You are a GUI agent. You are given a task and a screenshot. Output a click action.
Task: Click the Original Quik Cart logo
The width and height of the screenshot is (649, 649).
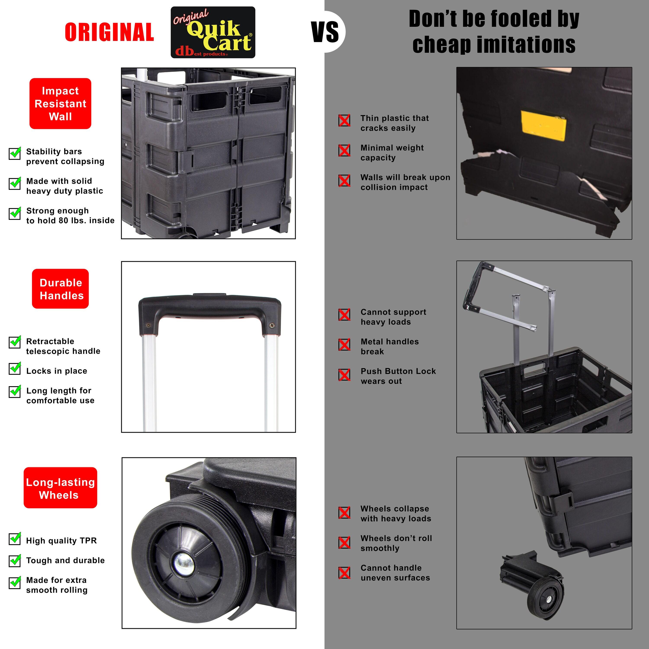pyautogui.click(x=213, y=32)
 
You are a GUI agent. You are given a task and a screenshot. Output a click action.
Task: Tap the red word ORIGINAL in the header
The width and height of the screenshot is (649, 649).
pyautogui.click(x=109, y=32)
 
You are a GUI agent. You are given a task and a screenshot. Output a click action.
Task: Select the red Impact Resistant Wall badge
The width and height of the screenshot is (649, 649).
pyautogui.click(x=61, y=103)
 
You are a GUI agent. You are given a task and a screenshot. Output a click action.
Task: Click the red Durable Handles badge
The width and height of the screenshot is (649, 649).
pyautogui.click(x=61, y=289)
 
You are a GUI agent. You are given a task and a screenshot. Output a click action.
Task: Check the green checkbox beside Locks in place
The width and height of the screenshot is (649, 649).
pyautogui.click(x=15, y=368)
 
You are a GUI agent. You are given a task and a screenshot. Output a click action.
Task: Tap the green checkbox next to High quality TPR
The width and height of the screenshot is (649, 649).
pyautogui.click(x=15, y=538)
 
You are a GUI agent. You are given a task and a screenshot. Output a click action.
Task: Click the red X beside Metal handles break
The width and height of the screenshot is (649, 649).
pyautogui.click(x=344, y=345)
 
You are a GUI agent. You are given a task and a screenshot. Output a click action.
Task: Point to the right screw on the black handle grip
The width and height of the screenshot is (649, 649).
pyautogui.click(x=272, y=325)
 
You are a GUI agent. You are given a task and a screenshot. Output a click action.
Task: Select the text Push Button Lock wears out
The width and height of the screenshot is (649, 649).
pyautogui.click(x=398, y=376)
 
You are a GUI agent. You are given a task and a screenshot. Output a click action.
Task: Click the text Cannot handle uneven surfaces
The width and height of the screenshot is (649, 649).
pyautogui.click(x=395, y=573)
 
